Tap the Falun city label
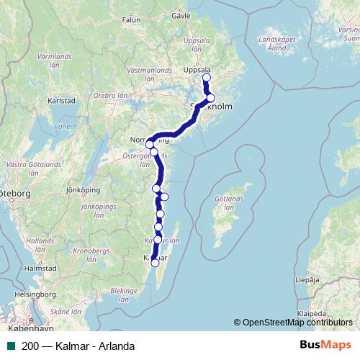(131, 20)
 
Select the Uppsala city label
(198, 71)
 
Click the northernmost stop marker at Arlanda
(207, 78)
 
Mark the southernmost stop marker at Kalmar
(155, 263)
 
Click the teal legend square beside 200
(10, 346)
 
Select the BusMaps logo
(325, 345)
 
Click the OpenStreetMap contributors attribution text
(296, 322)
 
